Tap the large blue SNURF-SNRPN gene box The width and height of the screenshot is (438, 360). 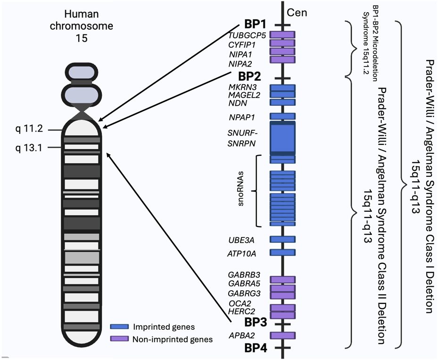(x=282, y=138)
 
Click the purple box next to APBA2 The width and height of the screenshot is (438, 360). (x=282, y=335)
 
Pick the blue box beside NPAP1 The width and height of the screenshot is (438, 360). (x=282, y=116)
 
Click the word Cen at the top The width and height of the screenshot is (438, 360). (x=298, y=12)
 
